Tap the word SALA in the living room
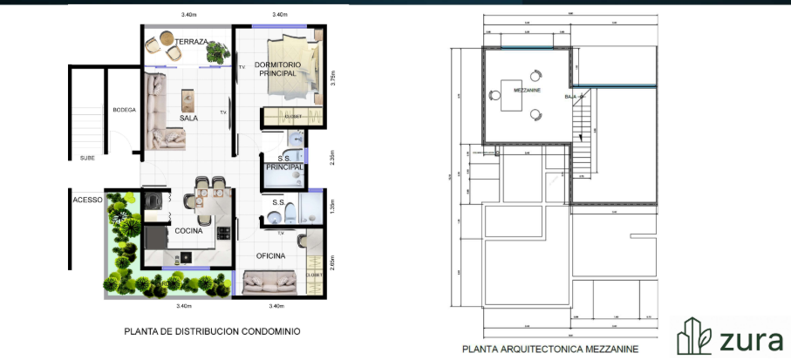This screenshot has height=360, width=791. point(188,118)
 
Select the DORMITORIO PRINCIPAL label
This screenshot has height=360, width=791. point(277,70)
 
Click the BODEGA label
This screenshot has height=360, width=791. point(124,110)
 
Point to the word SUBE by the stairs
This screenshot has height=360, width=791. point(87,158)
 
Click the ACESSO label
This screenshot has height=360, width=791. point(87,200)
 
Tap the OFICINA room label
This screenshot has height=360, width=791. point(271,255)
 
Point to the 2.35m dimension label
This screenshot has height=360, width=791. point(332,158)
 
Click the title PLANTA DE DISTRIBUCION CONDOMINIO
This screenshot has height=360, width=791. point(212,331)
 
